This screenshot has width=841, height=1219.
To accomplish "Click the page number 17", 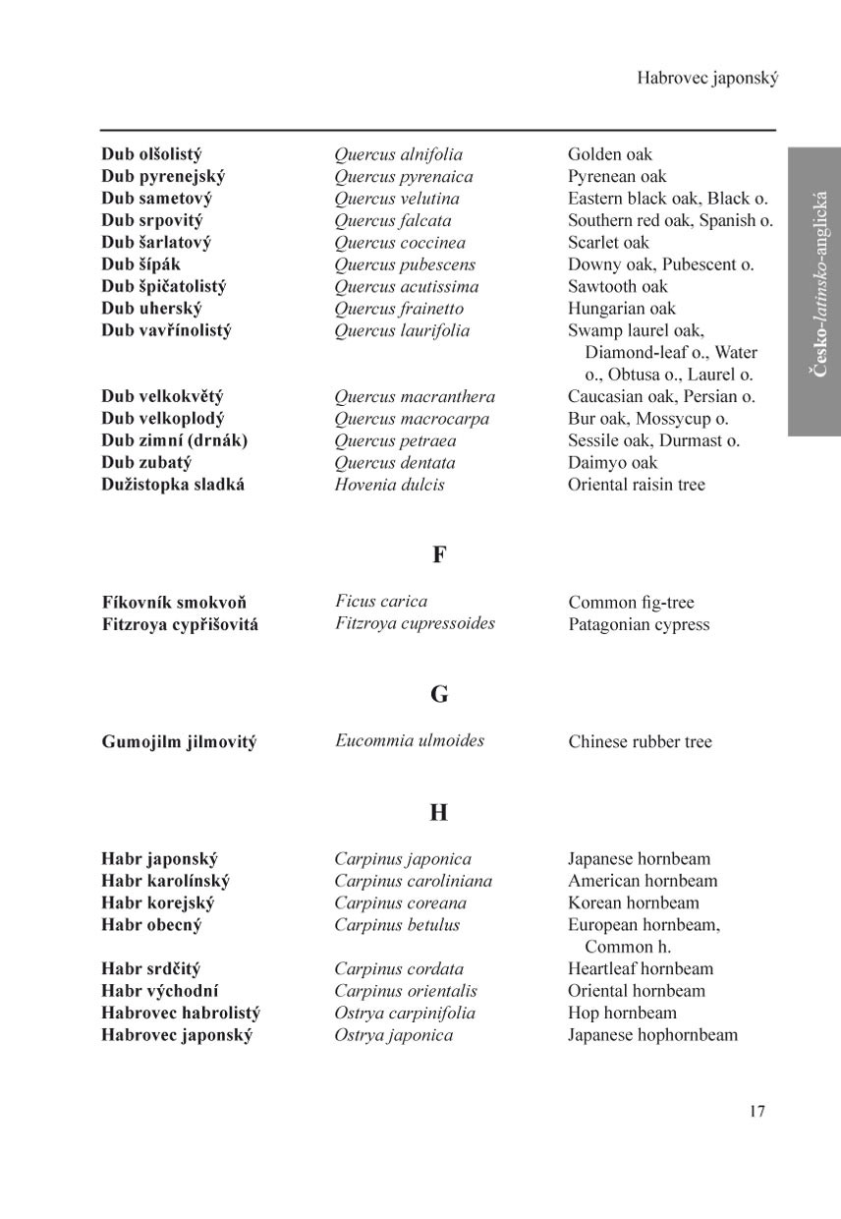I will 756,1112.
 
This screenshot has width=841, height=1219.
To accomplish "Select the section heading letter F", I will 439,554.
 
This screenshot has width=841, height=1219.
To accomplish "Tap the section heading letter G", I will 439,695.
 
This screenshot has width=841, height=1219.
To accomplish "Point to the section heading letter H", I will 439,813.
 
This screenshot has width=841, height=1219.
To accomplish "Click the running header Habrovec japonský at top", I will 707,78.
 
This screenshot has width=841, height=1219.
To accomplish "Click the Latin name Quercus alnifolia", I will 398,154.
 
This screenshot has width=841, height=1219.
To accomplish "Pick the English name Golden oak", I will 609,154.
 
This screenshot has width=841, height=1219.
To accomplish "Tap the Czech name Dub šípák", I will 140,264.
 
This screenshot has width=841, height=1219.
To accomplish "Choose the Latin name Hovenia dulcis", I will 389,485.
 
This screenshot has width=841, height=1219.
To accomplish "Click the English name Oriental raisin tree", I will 636,485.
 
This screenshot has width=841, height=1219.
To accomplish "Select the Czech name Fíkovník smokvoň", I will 174,603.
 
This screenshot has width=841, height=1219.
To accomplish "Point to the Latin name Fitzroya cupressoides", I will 415,623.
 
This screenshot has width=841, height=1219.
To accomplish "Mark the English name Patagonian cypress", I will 639,625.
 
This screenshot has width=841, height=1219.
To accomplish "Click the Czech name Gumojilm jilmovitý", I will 179,742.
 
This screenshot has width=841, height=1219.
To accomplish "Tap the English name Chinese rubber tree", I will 640,742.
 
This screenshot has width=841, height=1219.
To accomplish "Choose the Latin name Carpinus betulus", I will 397,925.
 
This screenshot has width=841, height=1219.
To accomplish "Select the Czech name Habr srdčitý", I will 150,969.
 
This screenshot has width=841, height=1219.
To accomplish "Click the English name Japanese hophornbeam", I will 652,1035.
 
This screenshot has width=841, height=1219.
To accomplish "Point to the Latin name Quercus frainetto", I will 399,309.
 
